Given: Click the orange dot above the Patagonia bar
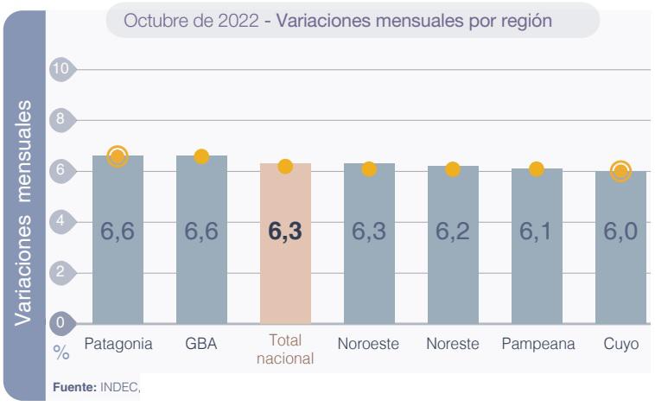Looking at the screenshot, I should pos(118,156).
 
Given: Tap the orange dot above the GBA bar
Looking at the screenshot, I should pos(201,156).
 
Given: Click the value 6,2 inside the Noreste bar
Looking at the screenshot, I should pos(453,232).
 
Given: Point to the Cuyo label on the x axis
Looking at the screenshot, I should pos(620,344).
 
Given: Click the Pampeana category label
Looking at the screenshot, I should pos(537,344).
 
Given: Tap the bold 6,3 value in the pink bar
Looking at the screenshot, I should pos(285,232).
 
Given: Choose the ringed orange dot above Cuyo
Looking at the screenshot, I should pos(620,171).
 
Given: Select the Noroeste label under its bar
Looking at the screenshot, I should pos(369,344).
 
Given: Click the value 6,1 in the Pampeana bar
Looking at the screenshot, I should pos(537,232).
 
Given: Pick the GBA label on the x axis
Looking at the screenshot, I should pos(201,344).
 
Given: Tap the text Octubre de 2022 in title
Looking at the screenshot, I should pos(192,21).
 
